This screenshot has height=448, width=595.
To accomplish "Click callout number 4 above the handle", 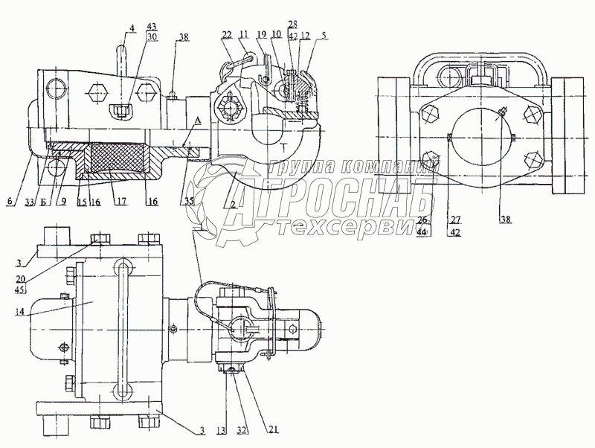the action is [x=132, y=29].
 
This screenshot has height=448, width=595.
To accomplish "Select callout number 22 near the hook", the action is [x=226, y=35].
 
